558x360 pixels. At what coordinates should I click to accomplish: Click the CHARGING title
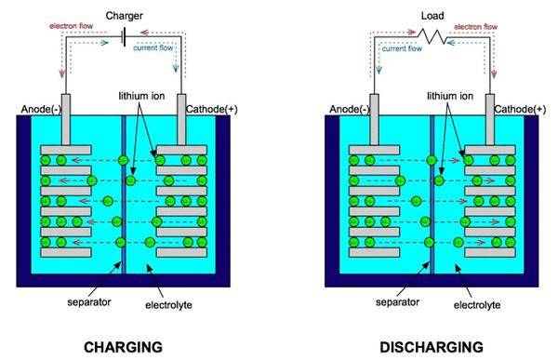[123, 346]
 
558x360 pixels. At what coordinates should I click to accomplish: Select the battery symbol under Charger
[124, 38]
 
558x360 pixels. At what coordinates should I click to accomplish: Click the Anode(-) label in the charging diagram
[40, 110]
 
